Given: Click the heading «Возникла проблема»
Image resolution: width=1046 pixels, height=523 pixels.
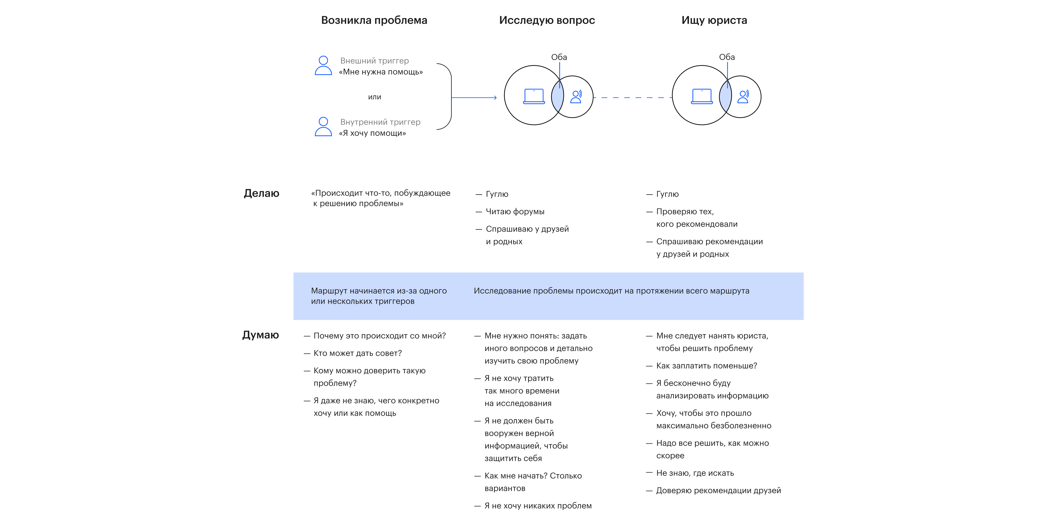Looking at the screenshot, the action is pos(374,20).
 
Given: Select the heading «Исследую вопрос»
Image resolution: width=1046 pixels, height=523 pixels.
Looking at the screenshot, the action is pos(547,20).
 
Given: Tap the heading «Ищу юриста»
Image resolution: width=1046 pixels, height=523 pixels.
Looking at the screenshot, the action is pos(714,20).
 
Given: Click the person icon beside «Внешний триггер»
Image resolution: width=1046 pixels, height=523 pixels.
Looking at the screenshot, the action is pos(323,65).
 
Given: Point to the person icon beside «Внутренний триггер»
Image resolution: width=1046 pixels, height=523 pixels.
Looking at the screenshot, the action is pos(323,127).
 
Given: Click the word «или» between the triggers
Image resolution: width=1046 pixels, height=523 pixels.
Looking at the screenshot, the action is pos(374,97).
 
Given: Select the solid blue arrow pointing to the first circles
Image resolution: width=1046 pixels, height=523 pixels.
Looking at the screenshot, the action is pos(474,98).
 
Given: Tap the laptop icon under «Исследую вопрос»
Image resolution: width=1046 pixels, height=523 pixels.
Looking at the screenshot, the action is pos(534,96).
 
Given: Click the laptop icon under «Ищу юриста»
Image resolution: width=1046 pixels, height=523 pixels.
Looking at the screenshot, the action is pos(702,96).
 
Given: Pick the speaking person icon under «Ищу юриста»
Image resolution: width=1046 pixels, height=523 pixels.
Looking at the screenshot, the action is pos(743,97).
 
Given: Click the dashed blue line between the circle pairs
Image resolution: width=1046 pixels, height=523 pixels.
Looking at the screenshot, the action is pos(633,98).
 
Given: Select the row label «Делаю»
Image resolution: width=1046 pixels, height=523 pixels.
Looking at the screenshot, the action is pos(261,193).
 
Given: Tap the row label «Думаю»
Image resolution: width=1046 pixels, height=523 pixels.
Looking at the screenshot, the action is pos(260,335).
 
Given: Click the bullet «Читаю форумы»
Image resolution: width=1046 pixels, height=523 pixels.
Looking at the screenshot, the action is pos(510,212).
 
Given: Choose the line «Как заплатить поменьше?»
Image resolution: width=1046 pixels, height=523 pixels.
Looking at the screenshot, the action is pos(702,366).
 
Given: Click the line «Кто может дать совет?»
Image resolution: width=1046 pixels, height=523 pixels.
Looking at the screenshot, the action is pos(353,353).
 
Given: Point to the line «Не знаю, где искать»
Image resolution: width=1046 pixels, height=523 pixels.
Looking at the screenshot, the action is pos(690,473).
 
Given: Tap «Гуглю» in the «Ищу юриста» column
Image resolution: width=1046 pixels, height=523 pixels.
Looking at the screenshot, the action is pos(663,194).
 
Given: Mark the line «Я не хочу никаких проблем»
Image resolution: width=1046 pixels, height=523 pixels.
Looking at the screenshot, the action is pos(533,506).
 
